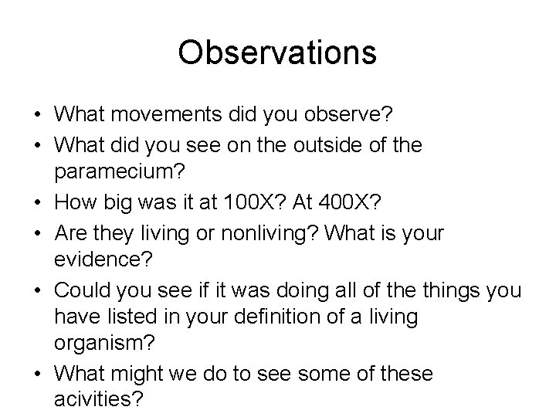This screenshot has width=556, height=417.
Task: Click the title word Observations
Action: [x=277, y=53]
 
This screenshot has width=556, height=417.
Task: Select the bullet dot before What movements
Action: [x=37, y=116]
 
